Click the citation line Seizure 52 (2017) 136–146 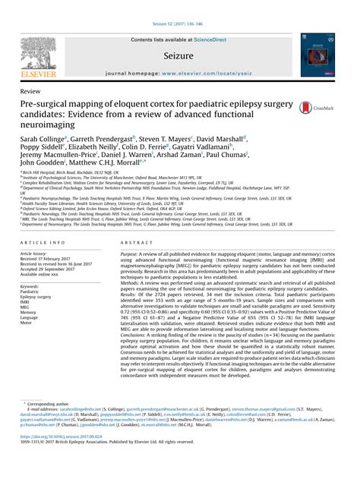click(x=180, y=5)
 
